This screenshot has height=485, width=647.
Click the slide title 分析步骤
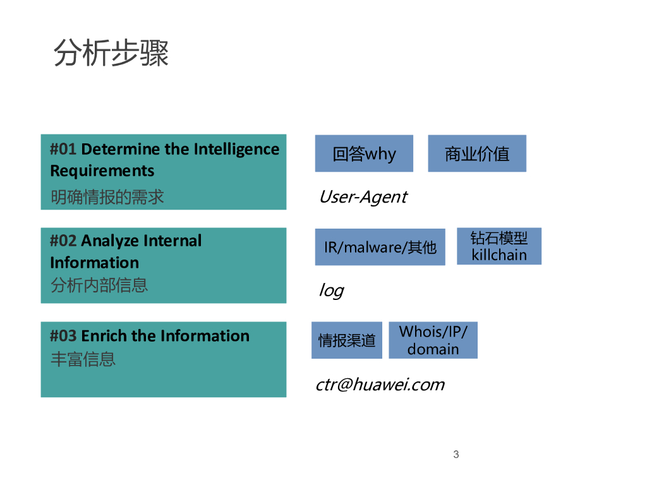pos(111,53)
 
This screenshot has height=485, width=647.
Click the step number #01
pos(63,150)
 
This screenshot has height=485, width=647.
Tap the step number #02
pos(63,241)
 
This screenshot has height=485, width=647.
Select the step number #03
pos(63,336)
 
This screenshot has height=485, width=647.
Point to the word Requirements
pos(102,171)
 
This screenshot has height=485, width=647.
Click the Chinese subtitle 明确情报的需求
pos(107,197)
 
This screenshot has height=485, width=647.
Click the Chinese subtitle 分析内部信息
pos(99,285)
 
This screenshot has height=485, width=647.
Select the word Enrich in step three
pos(104,336)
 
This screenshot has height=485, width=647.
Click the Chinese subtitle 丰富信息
pos(83,359)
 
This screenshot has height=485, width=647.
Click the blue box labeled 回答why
pos(364,153)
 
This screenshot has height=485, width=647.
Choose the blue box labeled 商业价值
pos(477,153)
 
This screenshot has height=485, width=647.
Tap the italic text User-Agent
pos(363,197)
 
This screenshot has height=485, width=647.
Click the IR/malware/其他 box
pos(380,247)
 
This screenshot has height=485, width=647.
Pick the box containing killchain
pos(499,247)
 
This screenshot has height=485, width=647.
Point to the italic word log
pos(331,290)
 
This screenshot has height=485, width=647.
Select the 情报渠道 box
pos(347,340)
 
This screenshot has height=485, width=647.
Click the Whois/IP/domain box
pos(433,340)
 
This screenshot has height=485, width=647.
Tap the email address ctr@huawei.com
pos(380,385)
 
